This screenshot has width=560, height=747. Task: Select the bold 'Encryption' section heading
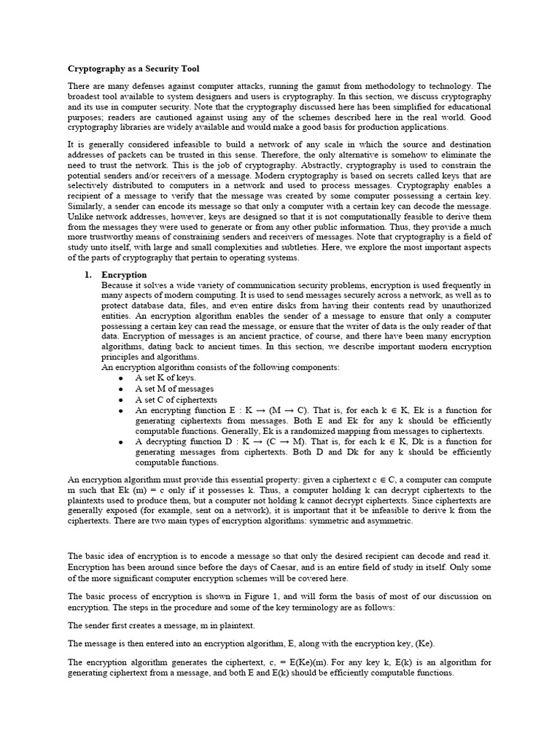pos(125,275)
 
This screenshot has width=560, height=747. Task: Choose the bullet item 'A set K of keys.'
pos(166,379)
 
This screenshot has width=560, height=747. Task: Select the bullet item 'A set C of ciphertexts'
pos(176,400)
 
